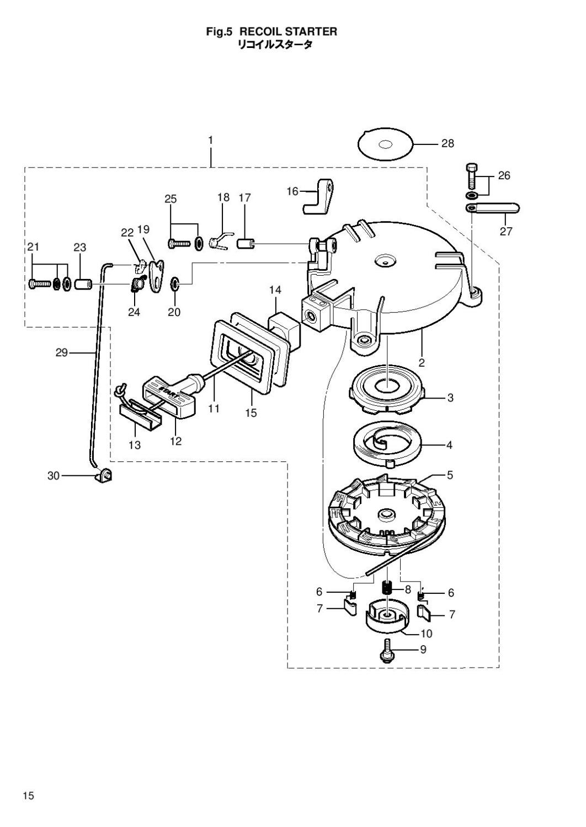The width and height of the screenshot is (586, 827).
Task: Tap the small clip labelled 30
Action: tap(104, 474)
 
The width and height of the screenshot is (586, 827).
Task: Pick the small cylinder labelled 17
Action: tap(245, 243)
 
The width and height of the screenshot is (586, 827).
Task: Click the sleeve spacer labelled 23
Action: tap(82, 284)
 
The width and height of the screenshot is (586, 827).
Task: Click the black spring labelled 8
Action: tap(388, 589)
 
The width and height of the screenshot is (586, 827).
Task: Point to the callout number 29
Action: tap(61, 352)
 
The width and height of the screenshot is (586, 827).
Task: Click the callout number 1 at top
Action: tap(210, 141)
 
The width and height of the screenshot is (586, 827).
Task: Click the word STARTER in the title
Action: tap(311, 32)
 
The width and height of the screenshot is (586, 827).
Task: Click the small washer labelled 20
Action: tap(174, 284)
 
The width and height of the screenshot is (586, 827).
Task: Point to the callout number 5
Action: tap(450, 475)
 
